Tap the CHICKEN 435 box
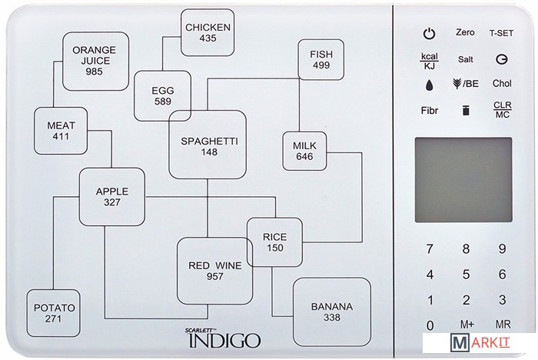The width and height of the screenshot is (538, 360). pyautogui.click(x=207, y=32)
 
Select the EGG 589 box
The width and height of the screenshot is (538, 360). pyautogui.click(x=162, y=96)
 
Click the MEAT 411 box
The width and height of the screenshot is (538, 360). pyautogui.click(x=60, y=131)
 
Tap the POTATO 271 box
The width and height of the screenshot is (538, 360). pyautogui.click(x=54, y=312)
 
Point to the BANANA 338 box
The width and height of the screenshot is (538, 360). pyautogui.click(x=331, y=312)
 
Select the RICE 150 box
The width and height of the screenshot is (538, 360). pyautogui.click(x=274, y=242)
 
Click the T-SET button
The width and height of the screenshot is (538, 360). pyautogui.click(x=503, y=33)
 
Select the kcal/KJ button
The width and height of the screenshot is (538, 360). pyautogui.click(x=429, y=60)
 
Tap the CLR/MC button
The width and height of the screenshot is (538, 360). pyautogui.click(x=502, y=110)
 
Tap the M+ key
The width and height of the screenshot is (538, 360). pyautogui.click(x=466, y=325)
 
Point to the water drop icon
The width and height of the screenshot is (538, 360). pyautogui.click(x=428, y=85)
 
